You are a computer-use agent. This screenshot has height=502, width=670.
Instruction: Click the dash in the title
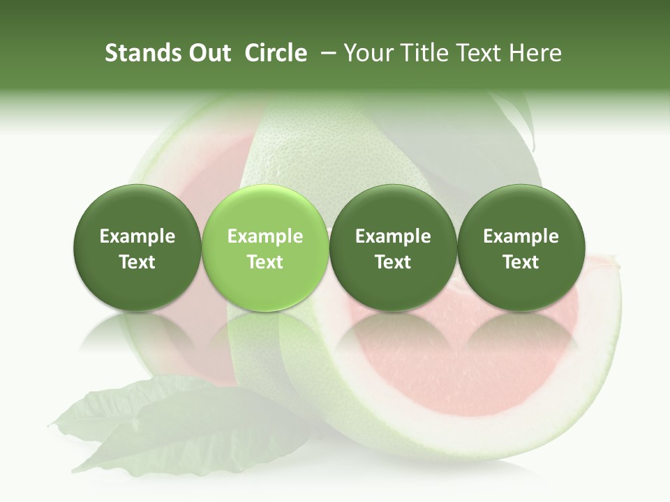pyautogui.click(x=326, y=53)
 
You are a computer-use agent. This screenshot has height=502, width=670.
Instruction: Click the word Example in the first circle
pyautogui.click(x=137, y=236)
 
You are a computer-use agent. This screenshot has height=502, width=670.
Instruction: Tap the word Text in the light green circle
pyautogui.click(x=265, y=262)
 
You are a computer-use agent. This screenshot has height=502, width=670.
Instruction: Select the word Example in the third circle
pyautogui.click(x=393, y=236)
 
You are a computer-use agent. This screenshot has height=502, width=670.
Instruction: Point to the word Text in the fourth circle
pyautogui.click(x=521, y=262)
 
